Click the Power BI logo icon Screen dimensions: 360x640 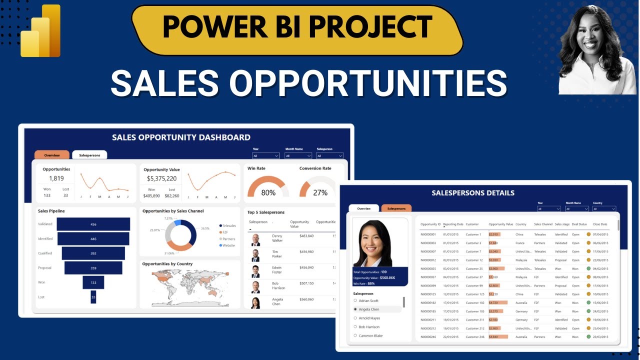click(x=41, y=31)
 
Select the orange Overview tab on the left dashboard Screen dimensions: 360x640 click(x=52, y=155)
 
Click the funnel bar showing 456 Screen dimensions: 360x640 click(x=93, y=224)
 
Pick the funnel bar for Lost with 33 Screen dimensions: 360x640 click(x=93, y=297)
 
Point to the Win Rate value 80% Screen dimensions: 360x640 click(x=268, y=192)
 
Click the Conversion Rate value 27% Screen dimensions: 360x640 click(x=320, y=192)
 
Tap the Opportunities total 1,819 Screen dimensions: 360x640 click(x=56, y=178)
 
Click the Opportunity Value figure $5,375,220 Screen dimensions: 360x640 click(x=161, y=178)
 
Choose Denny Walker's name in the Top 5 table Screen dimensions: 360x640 click(x=277, y=237)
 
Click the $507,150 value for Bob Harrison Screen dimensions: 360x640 click(x=306, y=283)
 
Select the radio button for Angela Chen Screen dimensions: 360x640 click(x=355, y=309)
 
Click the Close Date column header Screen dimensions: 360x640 click(x=600, y=224)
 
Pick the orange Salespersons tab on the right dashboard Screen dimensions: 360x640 click(x=396, y=208)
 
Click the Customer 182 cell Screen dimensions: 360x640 click(x=474, y=302)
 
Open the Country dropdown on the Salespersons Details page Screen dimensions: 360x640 click(x=604, y=208)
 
